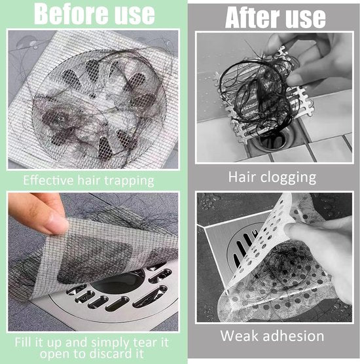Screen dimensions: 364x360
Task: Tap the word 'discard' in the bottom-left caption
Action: pos(117,354)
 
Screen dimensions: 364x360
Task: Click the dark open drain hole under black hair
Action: pos(272,139)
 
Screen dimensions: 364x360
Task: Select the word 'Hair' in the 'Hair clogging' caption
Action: pos(243,177)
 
